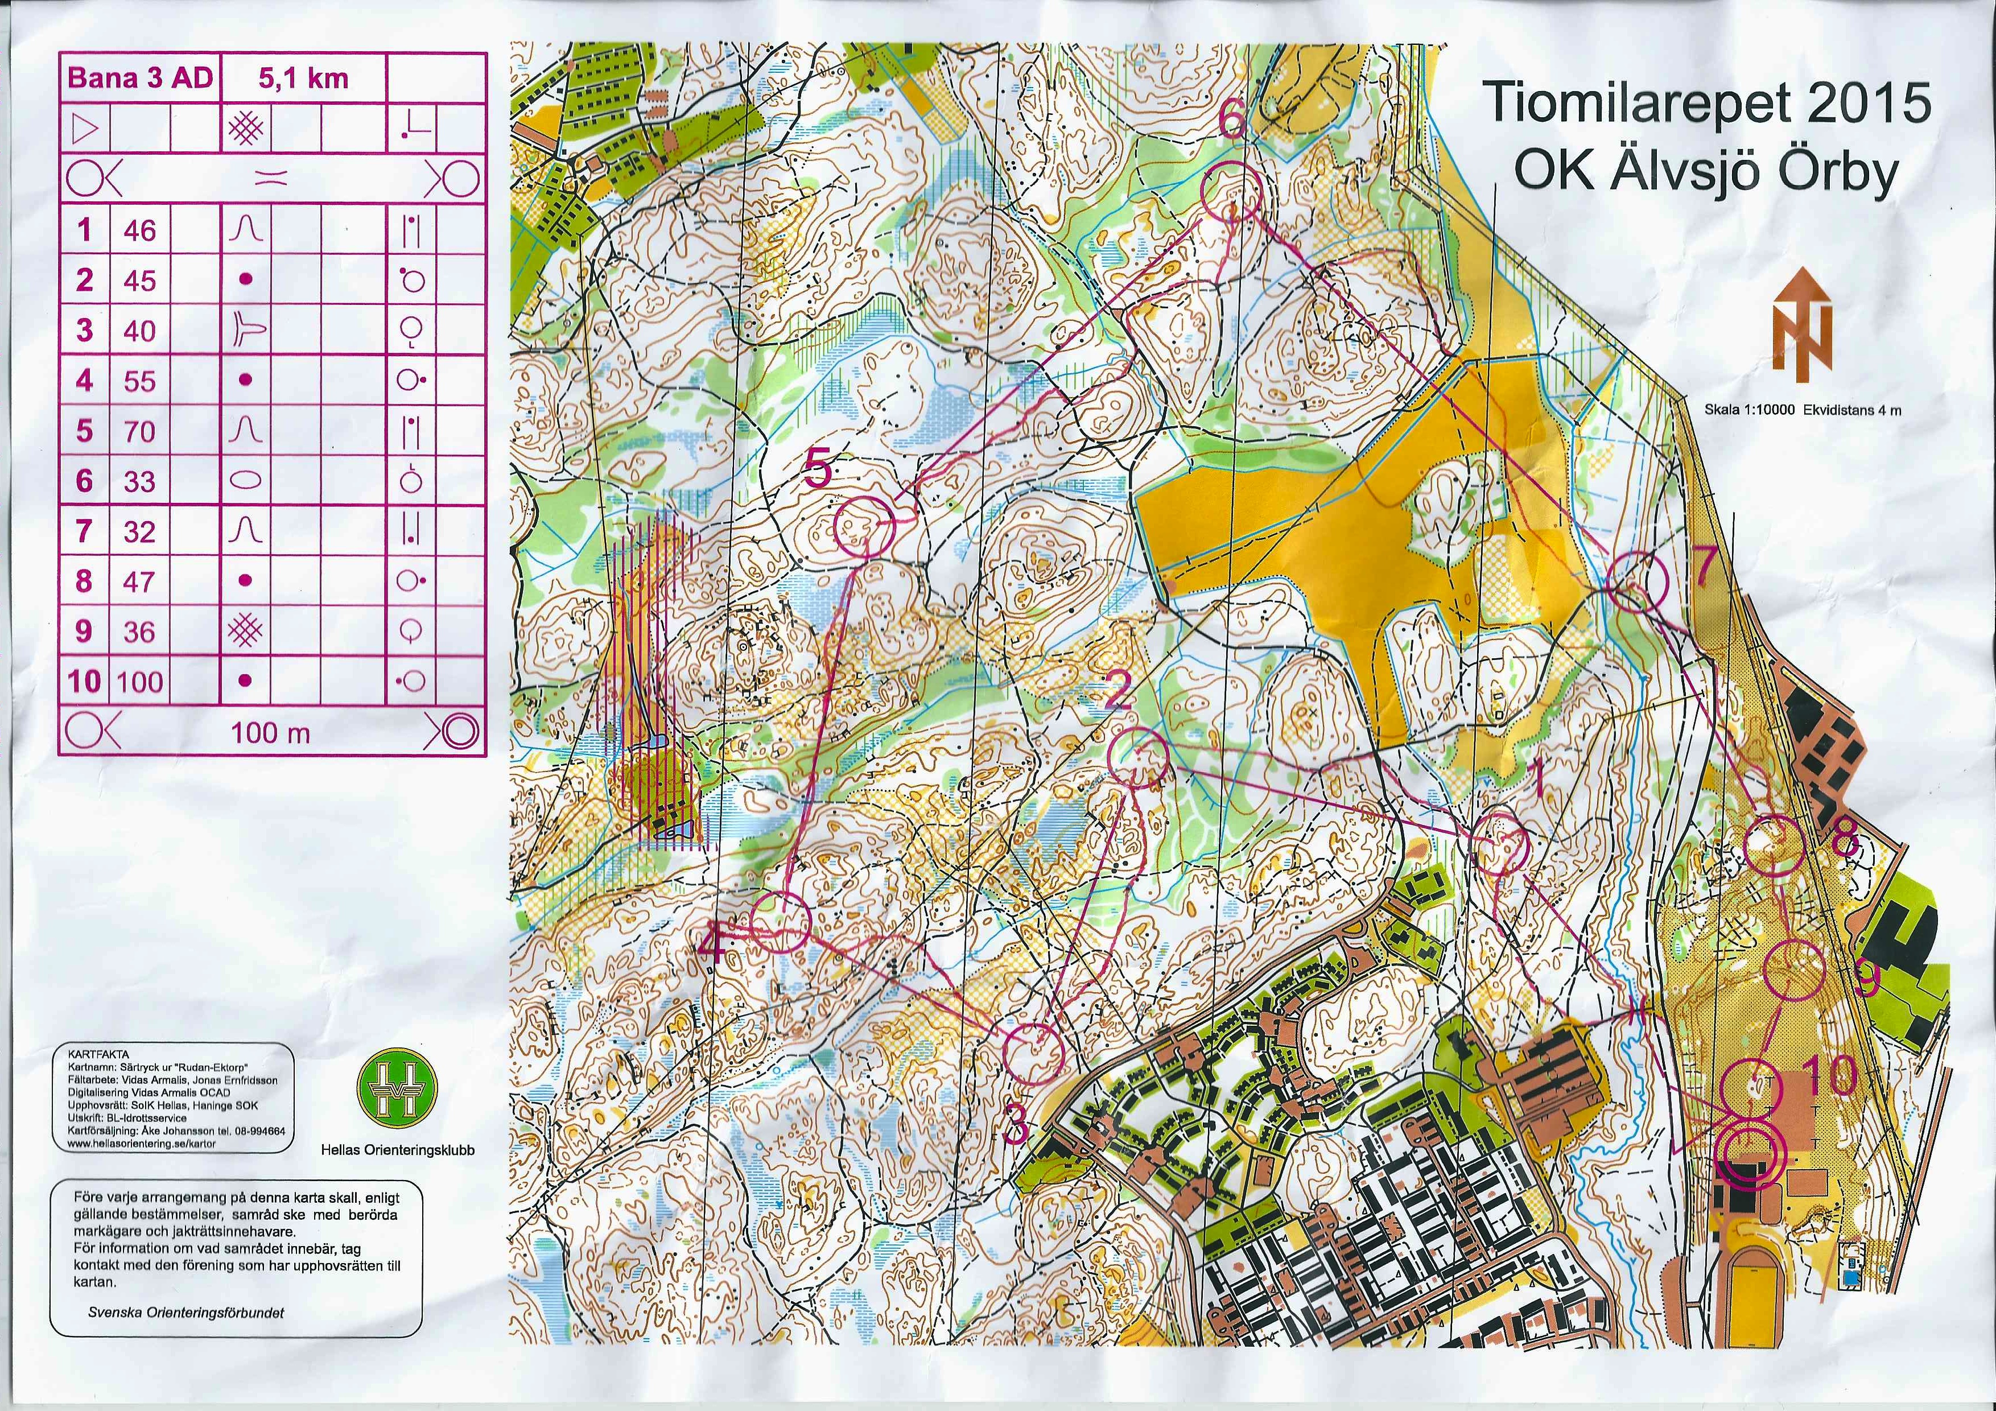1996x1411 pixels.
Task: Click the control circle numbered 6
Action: click(1231, 193)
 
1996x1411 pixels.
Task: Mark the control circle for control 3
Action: click(1034, 1053)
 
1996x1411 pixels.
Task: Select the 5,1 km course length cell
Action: click(303, 79)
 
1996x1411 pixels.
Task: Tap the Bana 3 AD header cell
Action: click(140, 79)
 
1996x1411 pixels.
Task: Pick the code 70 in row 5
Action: click(140, 431)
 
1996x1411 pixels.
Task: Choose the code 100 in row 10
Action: click(140, 682)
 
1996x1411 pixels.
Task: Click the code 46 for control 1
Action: click(140, 230)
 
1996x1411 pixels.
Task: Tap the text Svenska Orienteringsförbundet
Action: click(186, 1313)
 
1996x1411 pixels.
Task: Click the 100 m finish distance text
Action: click(270, 733)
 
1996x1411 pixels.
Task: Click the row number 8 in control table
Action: click(84, 581)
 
